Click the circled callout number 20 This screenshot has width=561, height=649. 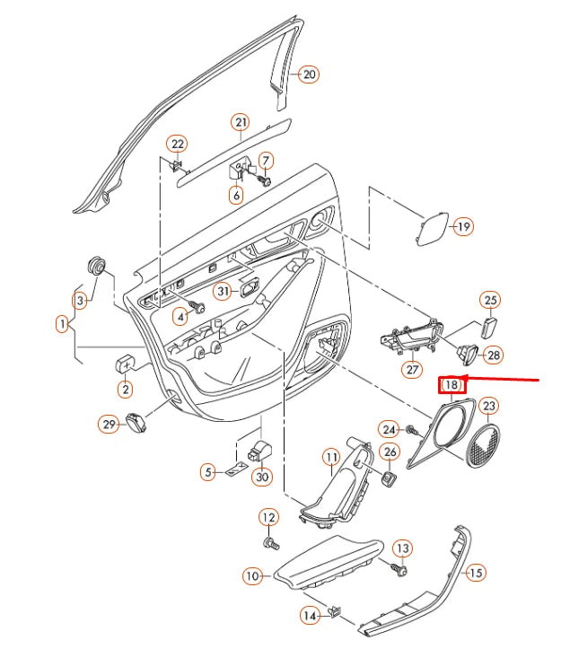click(x=309, y=75)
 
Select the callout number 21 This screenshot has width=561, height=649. click(x=241, y=122)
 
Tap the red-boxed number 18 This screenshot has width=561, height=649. click(x=451, y=385)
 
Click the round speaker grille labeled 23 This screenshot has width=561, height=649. click(x=483, y=446)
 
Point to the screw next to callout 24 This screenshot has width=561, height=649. click(x=412, y=431)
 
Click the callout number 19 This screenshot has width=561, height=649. click(x=463, y=226)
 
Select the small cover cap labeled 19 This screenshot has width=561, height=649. click(x=432, y=229)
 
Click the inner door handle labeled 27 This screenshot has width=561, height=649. click(x=412, y=336)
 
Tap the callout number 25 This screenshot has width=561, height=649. click(x=490, y=300)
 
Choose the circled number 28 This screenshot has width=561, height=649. click(x=494, y=355)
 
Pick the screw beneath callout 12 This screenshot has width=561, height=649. click(x=271, y=543)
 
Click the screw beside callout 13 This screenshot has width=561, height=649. click(x=400, y=570)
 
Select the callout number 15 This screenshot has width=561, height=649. click(x=476, y=573)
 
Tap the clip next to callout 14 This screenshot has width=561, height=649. click(x=334, y=611)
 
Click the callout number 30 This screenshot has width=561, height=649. click(x=262, y=477)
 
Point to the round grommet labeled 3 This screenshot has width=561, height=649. click(x=96, y=266)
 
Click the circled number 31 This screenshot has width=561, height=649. click(x=224, y=291)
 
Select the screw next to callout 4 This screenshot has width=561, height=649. click(x=197, y=306)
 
